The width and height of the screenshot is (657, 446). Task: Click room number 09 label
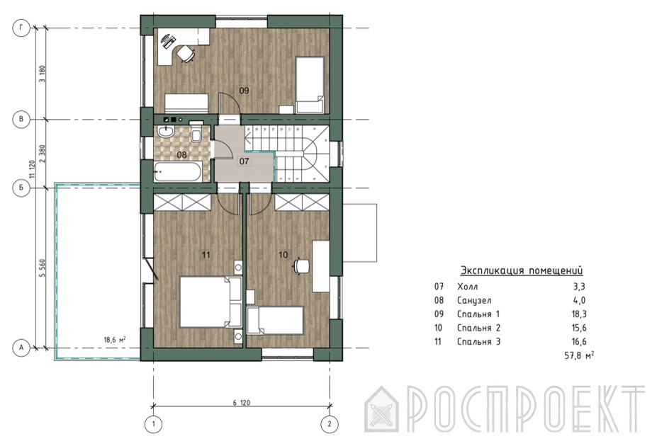244,90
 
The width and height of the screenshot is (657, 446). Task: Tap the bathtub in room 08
178,172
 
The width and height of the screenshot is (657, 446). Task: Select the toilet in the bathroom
196,131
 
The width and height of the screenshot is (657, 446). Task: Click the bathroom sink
166,132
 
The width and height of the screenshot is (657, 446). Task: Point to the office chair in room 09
186,54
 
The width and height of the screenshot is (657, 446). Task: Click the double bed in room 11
210,302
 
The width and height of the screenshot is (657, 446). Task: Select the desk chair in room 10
301,266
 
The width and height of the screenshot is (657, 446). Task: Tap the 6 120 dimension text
242,403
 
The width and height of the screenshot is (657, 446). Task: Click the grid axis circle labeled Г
21,28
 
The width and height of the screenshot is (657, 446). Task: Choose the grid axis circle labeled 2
330,424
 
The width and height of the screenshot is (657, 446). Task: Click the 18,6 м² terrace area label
115,340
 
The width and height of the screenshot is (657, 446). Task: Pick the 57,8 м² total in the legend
579,355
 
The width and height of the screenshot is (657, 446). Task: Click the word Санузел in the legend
474,300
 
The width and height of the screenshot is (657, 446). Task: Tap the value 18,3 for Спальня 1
578,314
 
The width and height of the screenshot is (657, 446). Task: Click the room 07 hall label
244,161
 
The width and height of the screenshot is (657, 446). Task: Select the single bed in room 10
275,321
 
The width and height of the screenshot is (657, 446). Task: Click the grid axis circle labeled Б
21,188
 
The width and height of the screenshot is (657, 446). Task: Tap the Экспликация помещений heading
521,270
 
